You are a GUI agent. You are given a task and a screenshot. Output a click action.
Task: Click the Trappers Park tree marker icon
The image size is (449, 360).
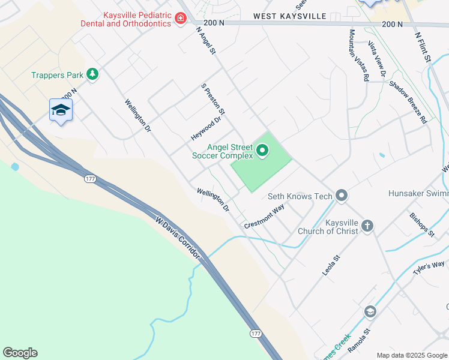(92, 74)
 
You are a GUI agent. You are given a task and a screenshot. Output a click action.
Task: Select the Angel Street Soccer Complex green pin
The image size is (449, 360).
(262, 150)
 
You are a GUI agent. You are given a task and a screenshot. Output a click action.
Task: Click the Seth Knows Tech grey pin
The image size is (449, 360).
(342, 196)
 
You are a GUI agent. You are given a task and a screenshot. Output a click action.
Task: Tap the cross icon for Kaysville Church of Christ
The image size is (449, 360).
(367, 226)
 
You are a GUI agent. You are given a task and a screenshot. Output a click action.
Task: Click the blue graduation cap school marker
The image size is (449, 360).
(61, 110)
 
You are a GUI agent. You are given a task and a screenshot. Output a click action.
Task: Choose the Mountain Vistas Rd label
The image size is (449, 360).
(358, 55)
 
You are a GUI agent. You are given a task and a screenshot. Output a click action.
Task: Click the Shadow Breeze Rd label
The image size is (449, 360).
(408, 102)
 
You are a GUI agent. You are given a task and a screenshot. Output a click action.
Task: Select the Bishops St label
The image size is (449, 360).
(421, 224)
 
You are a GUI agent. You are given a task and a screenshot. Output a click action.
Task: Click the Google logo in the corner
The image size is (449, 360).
(20, 353)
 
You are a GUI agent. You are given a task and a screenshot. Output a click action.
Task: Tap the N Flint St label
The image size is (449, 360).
(423, 47)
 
